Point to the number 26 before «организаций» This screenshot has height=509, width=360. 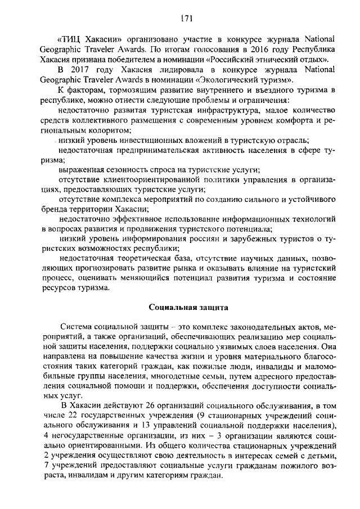tap(151, 407)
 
